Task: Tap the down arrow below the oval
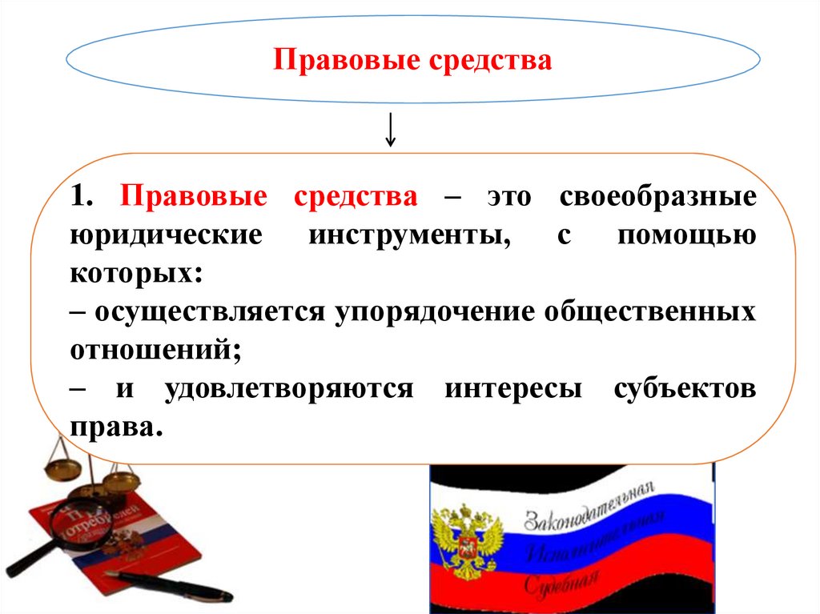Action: tap(390, 130)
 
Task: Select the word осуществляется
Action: tap(210, 312)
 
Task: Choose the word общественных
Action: tap(650, 312)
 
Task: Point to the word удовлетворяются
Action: tap(289, 389)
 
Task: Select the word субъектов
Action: tap(685, 389)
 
